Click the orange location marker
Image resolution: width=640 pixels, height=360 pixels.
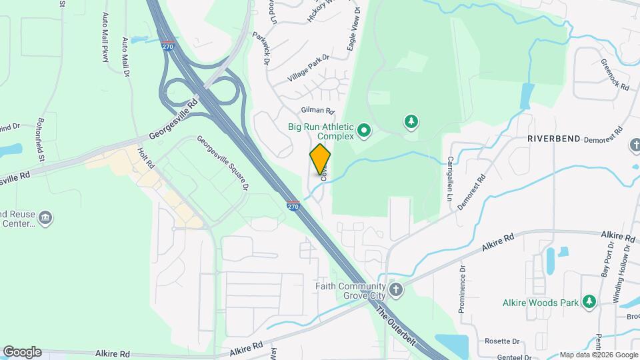[320, 159]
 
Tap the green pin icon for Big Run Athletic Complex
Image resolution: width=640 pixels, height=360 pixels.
[364, 131]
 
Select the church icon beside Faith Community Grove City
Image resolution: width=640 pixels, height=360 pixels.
[396, 290]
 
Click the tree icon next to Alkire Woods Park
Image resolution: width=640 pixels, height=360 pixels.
[589, 302]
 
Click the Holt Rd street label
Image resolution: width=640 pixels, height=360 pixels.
[146, 157]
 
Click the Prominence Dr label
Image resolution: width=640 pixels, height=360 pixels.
[461, 291]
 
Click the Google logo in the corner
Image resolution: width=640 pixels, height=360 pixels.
[22, 351]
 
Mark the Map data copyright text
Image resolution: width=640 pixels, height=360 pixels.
[598, 355]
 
